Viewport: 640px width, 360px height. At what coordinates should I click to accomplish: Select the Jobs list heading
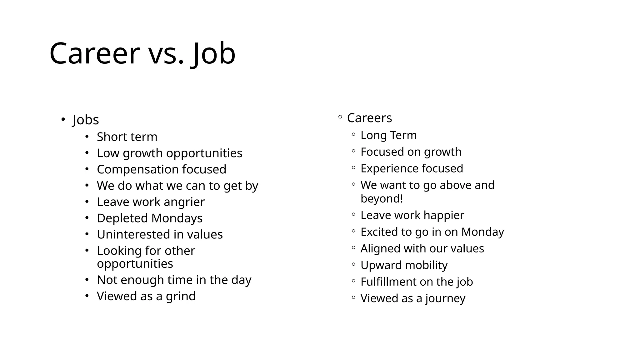click(x=86, y=120)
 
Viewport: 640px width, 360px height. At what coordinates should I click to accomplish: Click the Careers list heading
click(x=369, y=118)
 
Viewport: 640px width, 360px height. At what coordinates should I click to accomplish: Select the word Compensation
click(x=137, y=170)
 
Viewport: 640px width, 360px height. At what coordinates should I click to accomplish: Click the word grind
click(x=181, y=296)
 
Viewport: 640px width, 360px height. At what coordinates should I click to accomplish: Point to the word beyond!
click(x=382, y=199)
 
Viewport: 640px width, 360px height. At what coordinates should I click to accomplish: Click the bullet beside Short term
click(x=87, y=137)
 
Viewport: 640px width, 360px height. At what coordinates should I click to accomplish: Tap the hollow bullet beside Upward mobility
click(x=353, y=264)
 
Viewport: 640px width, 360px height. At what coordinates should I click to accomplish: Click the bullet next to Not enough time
click(x=87, y=279)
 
